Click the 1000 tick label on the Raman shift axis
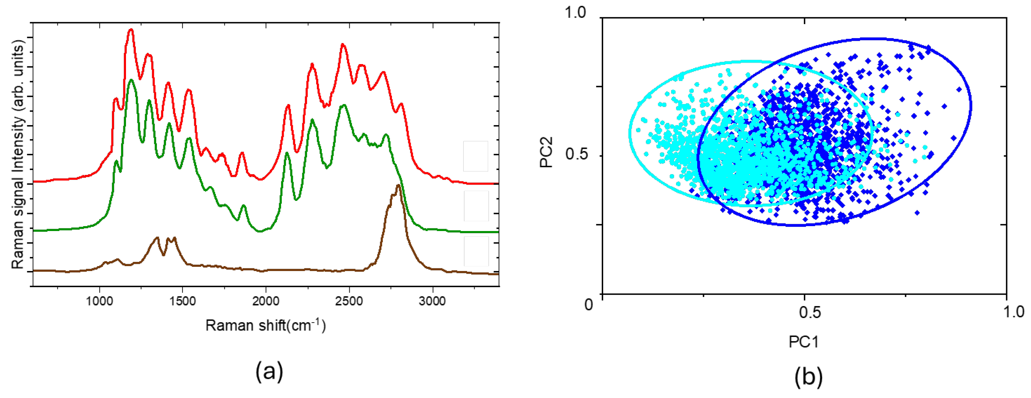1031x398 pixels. pos(99,301)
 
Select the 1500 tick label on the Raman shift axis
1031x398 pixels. pos(183,301)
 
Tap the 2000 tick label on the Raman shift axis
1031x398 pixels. pos(266,301)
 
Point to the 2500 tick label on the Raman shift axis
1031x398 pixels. pos(349,301)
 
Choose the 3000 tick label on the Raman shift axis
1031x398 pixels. pos(432,301)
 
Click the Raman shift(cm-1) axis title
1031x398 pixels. pos(266,325)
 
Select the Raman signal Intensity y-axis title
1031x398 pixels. pos(18,156)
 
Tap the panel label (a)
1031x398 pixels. pos(269,371)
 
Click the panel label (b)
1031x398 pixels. pos(808,377)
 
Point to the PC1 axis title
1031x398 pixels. pos(804,342)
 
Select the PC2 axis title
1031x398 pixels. pos(546,152)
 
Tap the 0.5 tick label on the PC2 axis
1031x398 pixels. pos(577,154)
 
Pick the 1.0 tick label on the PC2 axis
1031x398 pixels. pos(575,12)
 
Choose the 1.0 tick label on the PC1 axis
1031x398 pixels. pos(1014,311)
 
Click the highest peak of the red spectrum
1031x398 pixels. pos(131,30)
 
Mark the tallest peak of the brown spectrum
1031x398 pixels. pos(398,185)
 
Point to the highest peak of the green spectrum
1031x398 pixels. pos(131,80)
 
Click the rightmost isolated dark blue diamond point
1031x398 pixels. pos(959,89)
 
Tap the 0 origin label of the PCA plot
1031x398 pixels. pos(588,305)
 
